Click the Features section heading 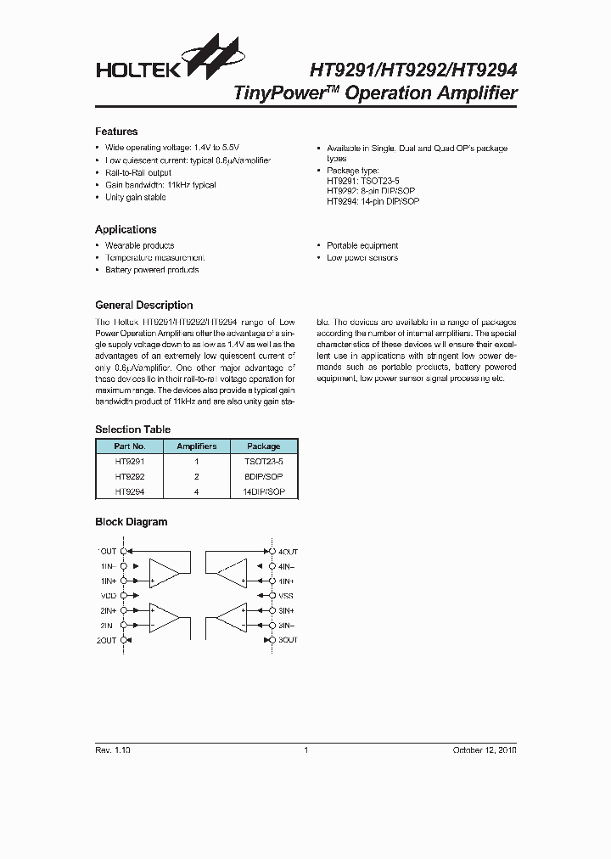click(x=116, y=132)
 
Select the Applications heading click(x=126, y=229)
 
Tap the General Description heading click(x=143, y=305)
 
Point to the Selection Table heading click(x=132, y=429)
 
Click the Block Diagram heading click(x=131, y=522)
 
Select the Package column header click(x=263, y=446)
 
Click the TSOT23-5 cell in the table click(x=263, y=461)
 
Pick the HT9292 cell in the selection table click(x=130, y=476)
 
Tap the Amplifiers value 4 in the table click(x=196, y=491)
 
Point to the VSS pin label click(x=286, y=596)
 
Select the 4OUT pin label click(x=288, y=551)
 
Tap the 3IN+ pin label click(x=286, y=610)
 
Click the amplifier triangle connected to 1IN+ click(x=164, y=574)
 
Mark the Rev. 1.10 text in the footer click(x=112, y=750)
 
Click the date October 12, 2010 click(x=483, y=750)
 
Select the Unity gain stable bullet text click(x=135, y=197)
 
